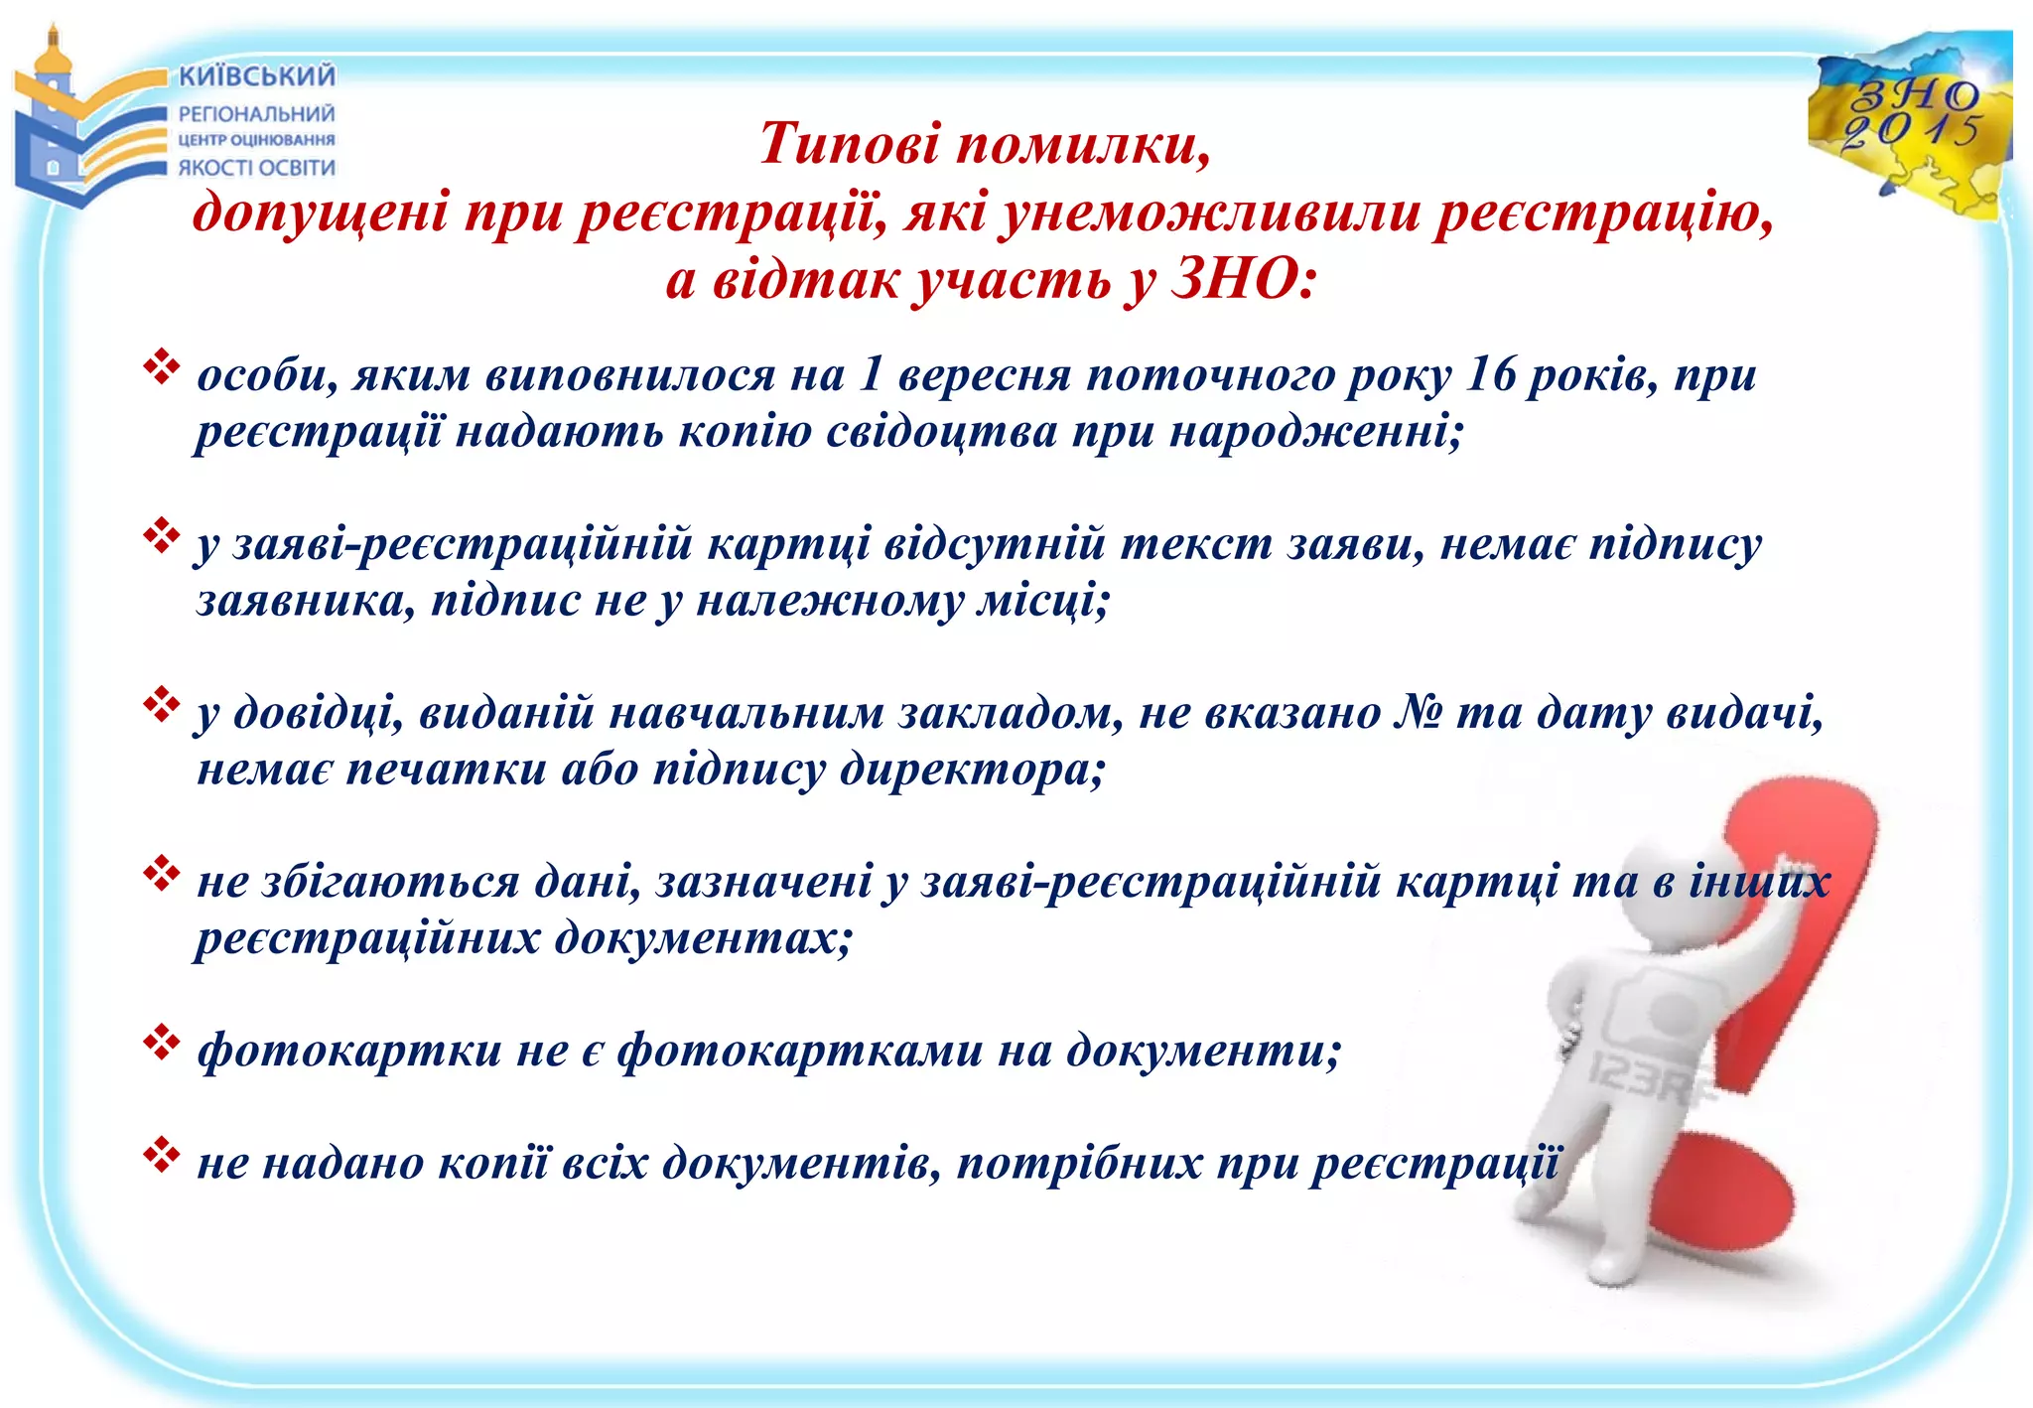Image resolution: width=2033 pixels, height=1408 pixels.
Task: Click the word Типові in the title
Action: click(849, 144)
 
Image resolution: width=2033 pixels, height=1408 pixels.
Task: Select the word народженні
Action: click(1315, 431)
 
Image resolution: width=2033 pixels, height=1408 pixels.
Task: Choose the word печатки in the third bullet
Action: click(447, 769)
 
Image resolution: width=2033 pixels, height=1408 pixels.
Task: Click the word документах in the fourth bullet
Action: click(703, 937)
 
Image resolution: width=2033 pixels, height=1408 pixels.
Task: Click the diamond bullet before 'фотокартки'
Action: click(161, 1043)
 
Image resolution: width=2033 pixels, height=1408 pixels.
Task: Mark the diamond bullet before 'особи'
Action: click(161, 367)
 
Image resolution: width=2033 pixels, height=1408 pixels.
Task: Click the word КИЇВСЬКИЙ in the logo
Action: click(257, 76)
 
